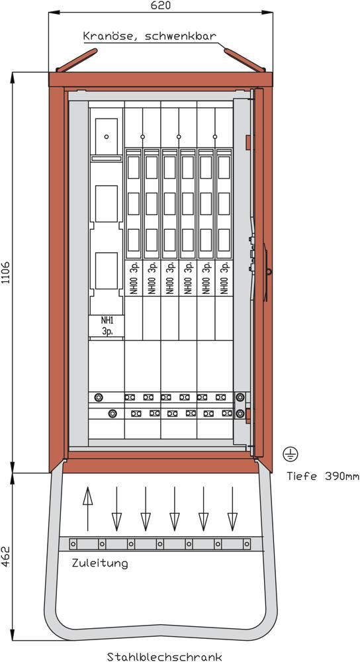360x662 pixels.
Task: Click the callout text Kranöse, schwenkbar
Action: click(x=150, y=36)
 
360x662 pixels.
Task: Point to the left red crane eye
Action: click(x=77, y=60)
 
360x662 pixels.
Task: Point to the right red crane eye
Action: click(x=244, y=60)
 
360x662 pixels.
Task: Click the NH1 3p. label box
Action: click(x=107, y=326)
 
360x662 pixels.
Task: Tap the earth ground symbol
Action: click(x=291, y=454)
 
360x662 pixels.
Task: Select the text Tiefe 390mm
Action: click(x=324, y=476)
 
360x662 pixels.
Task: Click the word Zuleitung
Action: click(x=100, y=563)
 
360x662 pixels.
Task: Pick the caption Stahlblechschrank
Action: click(x=165, y=657)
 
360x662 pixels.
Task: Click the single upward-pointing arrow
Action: click(x=87, y=508)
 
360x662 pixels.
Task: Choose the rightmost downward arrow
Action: click(x=232, y=508)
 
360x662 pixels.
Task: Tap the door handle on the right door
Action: click(x=266, y=272)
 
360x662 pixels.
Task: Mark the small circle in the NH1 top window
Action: click(x=107, y=136)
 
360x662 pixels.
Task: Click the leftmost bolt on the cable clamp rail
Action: click(x=73, y=544)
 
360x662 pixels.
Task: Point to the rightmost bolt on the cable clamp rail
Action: click(x=246, y=544)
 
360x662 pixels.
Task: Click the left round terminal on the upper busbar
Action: click(x=99, y=397)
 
